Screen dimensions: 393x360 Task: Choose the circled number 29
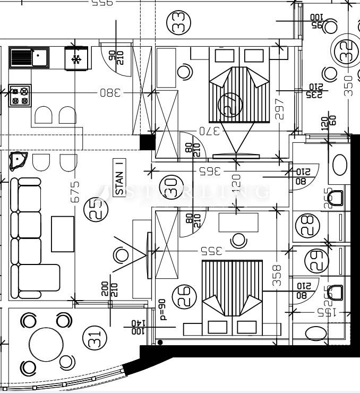[x=313, y=261]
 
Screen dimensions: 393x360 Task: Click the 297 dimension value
[x=280, y=108]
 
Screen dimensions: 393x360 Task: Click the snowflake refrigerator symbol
[x=76, y=58]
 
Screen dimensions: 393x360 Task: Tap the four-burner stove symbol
[x=20, y=96]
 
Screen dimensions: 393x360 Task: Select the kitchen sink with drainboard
[x=29, y=57]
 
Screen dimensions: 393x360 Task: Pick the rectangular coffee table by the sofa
[x=63, y=234]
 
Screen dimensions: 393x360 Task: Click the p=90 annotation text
[x=163, y=310]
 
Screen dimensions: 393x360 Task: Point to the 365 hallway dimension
[x=210, y=172]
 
